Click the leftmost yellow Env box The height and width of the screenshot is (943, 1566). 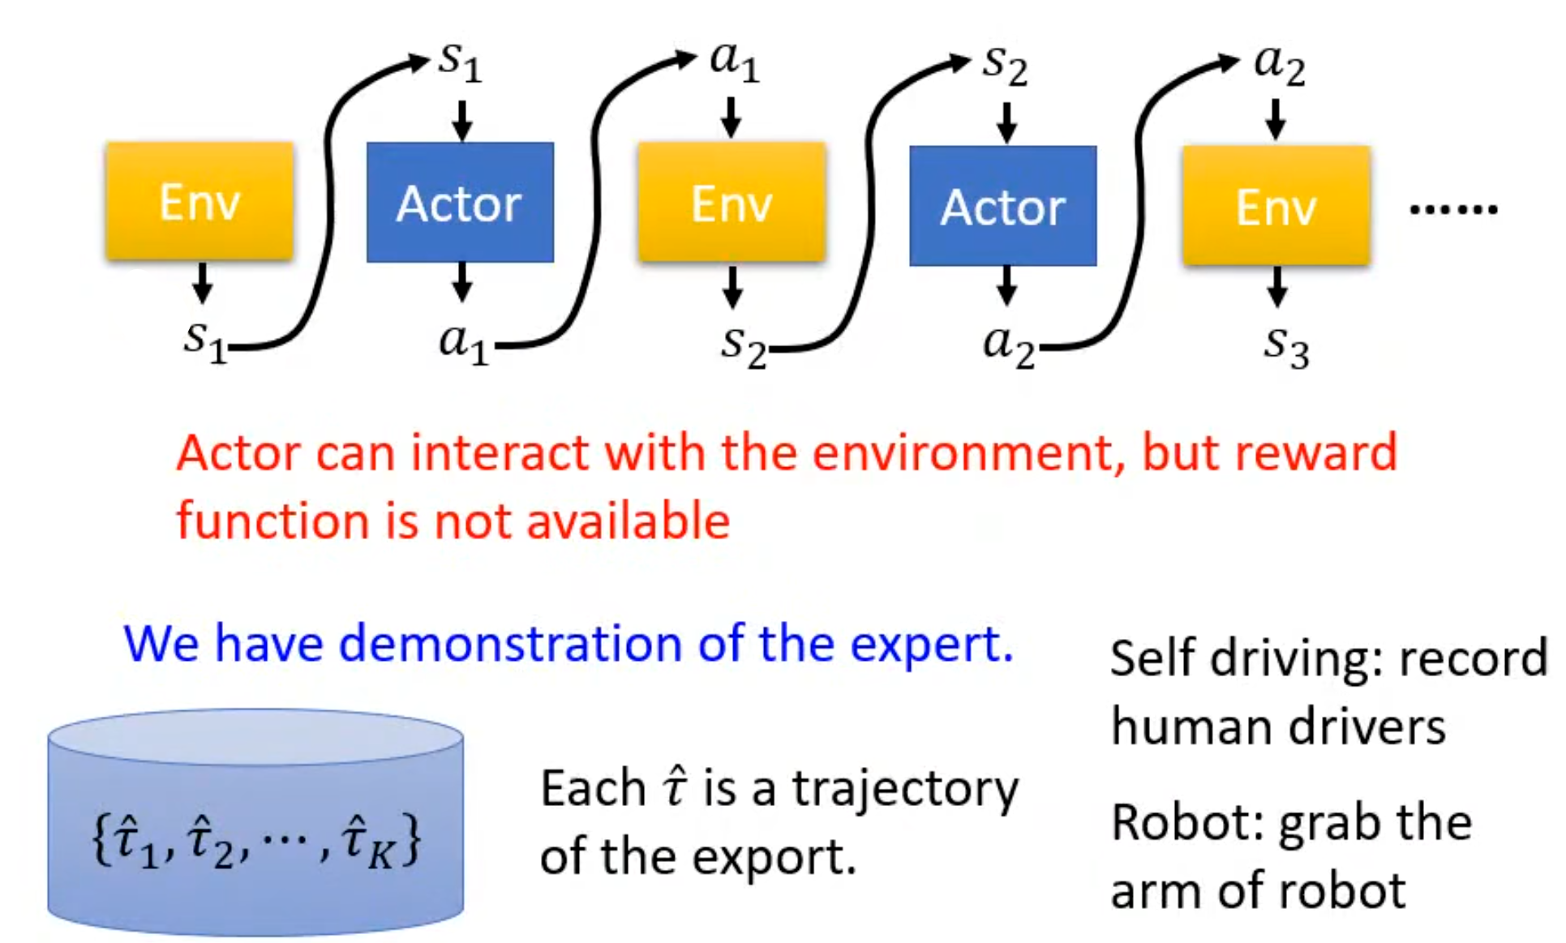(x=200, y=201)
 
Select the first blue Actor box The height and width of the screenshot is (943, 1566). (x=460, y=203)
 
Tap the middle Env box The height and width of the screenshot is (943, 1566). (x=732, y=203)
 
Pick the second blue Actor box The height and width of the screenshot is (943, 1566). (x=1002, y=206)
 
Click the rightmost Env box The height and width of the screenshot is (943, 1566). (x=1276, y=206)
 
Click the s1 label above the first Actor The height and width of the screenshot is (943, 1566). (x=460, y=61)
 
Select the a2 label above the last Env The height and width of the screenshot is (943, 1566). (x=1279, y=63)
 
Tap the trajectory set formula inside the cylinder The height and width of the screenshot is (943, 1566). (x=256, y=841)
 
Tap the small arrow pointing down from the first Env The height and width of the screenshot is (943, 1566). (x=202, y=283)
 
